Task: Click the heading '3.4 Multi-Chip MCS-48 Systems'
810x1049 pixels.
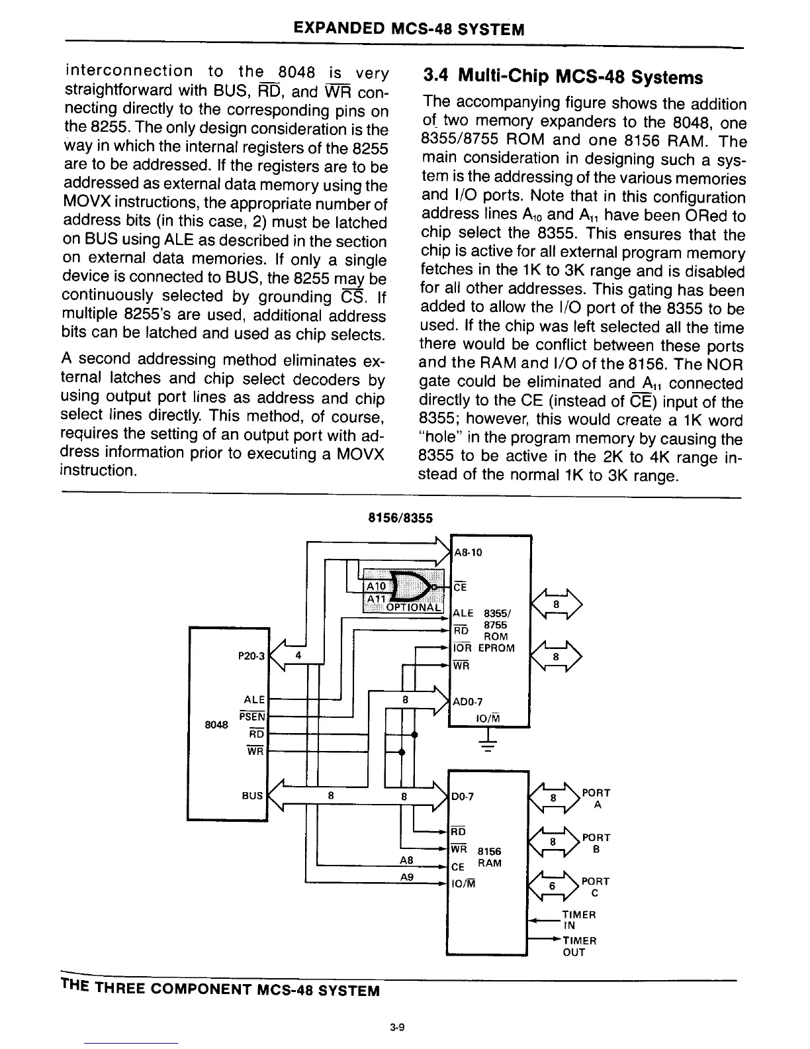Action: pyautogui.click(x=562, y=77)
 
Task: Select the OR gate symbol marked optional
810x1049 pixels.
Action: pyautogui.click(x=412, y=585)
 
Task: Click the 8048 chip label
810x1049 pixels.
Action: pyautogui.click(x=217, y=724)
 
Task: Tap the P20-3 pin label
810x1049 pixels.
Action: pyautogui.click(x=251, y=656)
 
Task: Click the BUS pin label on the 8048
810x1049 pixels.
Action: pyautogui.click(x=252, y=795)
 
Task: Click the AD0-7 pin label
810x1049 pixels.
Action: pyautogui.click(x=467, y=702)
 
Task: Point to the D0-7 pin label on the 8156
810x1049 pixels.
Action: pyautogui.click(x=463, y=797)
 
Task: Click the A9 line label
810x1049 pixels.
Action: pyautogui.click(x=407, y=877)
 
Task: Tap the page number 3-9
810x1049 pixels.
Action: pyautogui.click(x=397, y=1028)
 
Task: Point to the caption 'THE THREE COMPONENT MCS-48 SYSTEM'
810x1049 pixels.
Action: pyautogui.click(x=220, y=990)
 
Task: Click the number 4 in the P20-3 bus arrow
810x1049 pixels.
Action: pyautogui.click(x=298, y=656)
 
